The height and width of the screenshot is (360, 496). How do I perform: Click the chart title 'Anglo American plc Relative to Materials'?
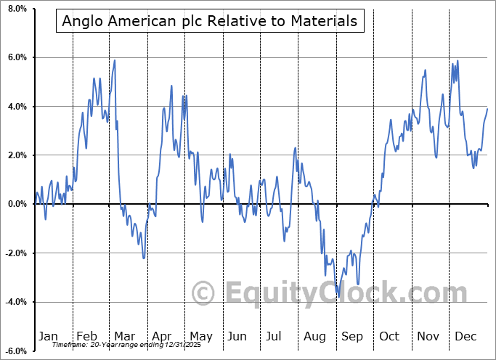(x=210, y=21)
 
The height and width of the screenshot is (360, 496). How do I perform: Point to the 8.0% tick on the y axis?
(x=16, y=9)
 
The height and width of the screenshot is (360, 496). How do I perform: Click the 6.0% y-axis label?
(x=16, y=57)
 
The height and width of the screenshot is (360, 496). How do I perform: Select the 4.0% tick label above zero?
(x=16, y=107)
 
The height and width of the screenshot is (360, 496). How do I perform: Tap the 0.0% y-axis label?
(x=16, y=204)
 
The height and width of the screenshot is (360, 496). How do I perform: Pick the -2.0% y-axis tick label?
(x=15, y=253)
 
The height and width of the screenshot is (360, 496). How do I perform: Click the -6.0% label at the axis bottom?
(x=15, y=351)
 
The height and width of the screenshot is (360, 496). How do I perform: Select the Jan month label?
(x=47, y=336)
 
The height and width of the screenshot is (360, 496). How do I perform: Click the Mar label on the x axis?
(x=123, y=336)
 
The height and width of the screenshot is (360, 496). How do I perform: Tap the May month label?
(x=200, y=336)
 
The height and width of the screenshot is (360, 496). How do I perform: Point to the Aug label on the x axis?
(x=314, y=336)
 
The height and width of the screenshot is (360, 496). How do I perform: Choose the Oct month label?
(x=389, y=336)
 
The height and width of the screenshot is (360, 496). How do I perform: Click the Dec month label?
(x=465, y=336)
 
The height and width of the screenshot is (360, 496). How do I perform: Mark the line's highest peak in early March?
(x=115, y=60)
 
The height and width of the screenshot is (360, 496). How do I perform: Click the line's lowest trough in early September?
(x=338, y=296)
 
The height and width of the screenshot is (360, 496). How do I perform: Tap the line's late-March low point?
(x=144, y=258)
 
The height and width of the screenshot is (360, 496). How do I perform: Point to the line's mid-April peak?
(x=171, y=86)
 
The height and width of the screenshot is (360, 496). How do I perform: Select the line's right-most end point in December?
(x=487, y=108)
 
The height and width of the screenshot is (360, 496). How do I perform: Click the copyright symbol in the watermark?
(x=203, y=294)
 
